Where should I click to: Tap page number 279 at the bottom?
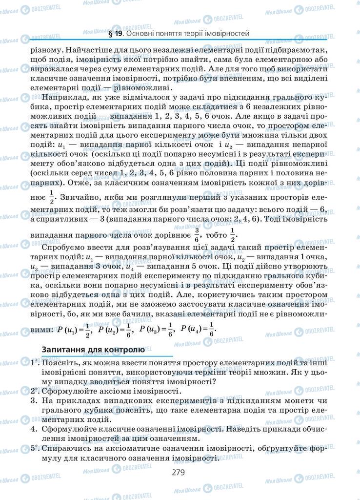click(x=180, y=472)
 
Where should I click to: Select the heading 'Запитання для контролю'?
click(x=93, y=350)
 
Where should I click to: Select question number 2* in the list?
click(x=34, y=391)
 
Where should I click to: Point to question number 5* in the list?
click(x=34, y=448)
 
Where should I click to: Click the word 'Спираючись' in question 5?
click(x=66, y=448)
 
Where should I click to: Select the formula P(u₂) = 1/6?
click(x=115, y=330)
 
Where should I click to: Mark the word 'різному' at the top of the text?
click(x=45, y=50)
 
